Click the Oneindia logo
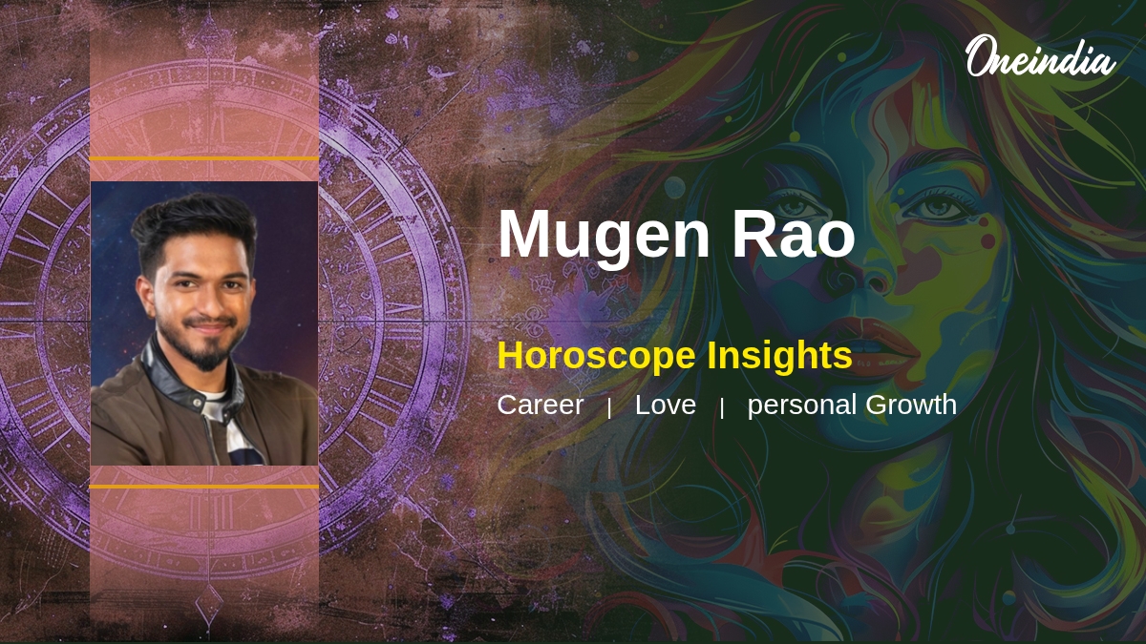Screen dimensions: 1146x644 pos(1041,56)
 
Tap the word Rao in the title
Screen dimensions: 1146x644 pos(794,234)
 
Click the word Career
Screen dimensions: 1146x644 pos(541,405)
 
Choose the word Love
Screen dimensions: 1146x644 pos(665,405)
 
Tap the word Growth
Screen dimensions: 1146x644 pos(911,405)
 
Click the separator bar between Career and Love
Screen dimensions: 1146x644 pos(609,408)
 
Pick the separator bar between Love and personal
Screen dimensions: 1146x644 pos(721,408)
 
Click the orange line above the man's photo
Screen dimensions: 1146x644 pos(204,158)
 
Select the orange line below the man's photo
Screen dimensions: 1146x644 pos(204,487)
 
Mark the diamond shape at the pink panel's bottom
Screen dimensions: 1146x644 pos(209,604)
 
